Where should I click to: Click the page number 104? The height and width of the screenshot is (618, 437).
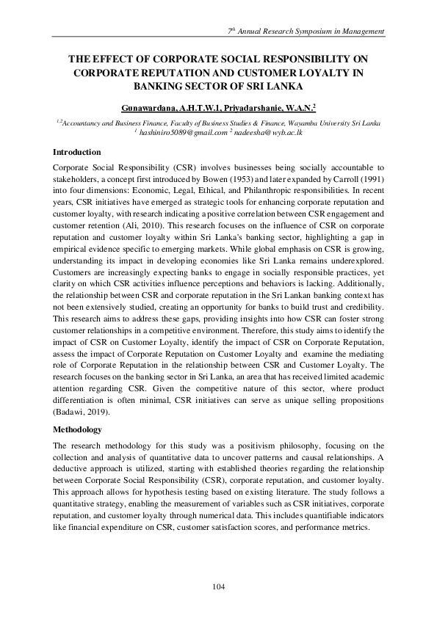click(x=218, y=586)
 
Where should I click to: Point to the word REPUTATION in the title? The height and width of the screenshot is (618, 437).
click(x=165, y=73)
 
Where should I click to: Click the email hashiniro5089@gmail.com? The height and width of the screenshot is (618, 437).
click(x=184, y=134)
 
